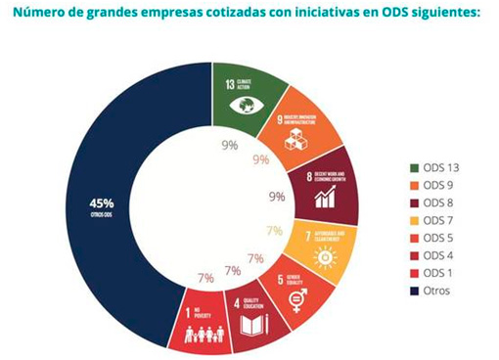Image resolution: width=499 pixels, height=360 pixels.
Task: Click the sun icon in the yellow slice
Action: (319, 256)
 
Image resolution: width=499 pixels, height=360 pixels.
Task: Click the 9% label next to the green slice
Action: (230, 146)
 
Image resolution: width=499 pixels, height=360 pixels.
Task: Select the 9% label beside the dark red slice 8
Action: (276, 196)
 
